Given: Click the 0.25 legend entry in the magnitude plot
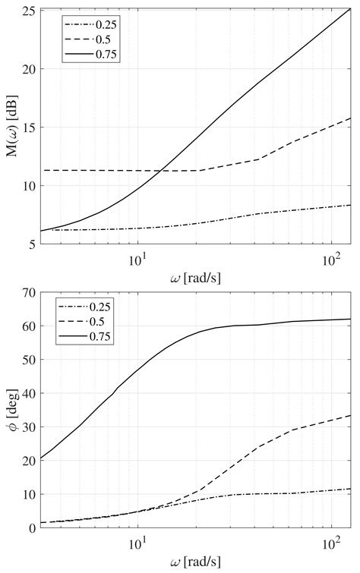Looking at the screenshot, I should [x=107, y=24].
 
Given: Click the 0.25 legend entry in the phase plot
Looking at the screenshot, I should [x=100, y=310].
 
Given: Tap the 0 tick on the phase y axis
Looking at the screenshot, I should [x=31, y=527].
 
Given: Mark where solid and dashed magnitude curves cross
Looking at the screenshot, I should [x=161, y=171].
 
